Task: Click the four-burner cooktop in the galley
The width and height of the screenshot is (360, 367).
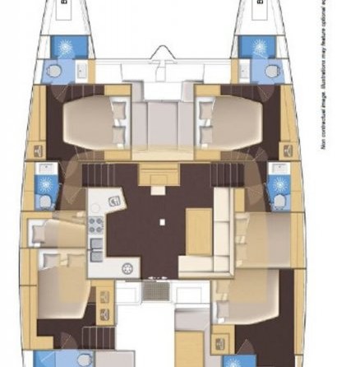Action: click(x=95, y=225)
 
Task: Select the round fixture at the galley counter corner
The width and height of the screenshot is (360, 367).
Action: click(x=127, y=268)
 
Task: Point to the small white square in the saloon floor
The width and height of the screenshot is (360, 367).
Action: click(x=161, y=221)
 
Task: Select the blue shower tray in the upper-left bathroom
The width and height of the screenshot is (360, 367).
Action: click(x=63, y=46)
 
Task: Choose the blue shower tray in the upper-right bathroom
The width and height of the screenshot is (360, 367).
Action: click(x=259, y=46)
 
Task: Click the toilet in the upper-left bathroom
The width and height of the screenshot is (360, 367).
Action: click(x=54, y=72)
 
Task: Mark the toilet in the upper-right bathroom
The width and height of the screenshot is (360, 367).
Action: click(x=267, y=72)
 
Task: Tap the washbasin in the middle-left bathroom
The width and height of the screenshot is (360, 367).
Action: click(x=44, y=175)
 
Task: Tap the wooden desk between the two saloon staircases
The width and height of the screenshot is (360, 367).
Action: click(x=160, y=175)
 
